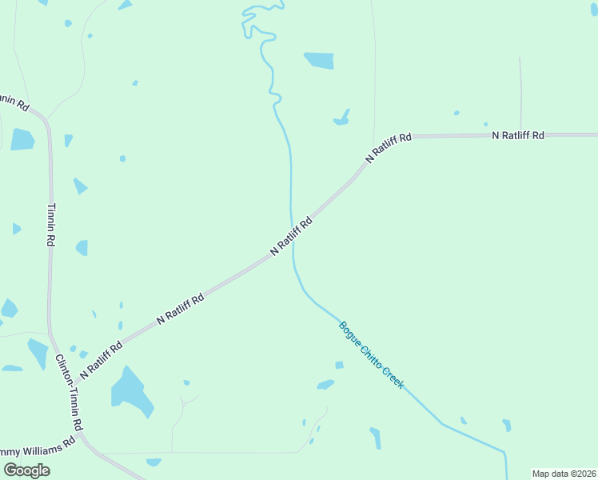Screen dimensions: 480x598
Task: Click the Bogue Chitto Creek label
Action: [372, 355]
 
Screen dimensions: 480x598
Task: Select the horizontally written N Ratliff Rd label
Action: [518, 136]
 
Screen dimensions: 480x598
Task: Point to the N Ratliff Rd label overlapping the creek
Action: [290, 236]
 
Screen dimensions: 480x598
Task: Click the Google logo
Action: [26, 470]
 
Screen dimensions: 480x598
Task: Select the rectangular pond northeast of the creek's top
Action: [319, 60]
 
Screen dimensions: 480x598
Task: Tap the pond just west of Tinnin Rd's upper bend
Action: [22, 140]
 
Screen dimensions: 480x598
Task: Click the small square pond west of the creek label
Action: [339, 365]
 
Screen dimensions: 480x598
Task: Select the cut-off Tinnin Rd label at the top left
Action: [14, 102]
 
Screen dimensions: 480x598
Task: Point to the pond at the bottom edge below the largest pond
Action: [153, 462]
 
